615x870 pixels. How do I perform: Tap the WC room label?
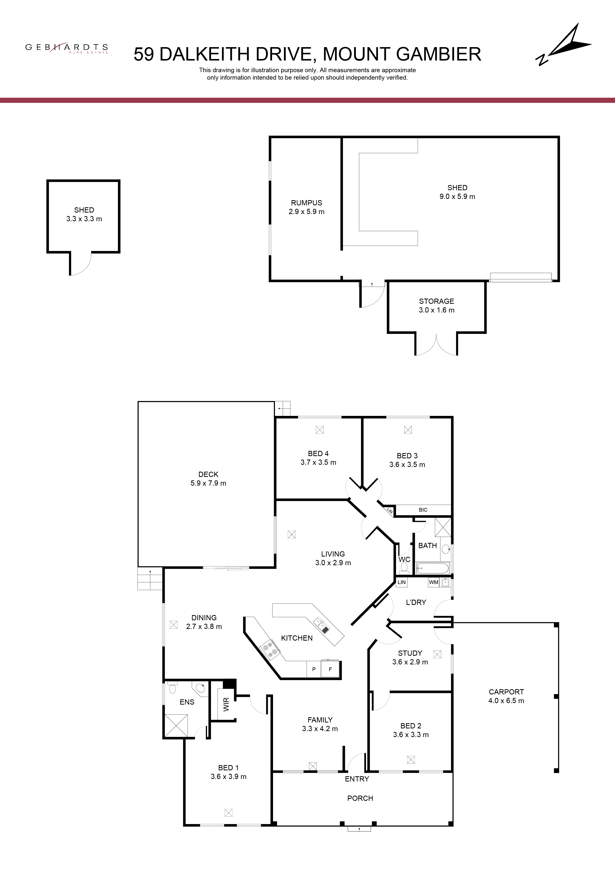tap(404, 559)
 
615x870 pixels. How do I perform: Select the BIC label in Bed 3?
tap(423, 510)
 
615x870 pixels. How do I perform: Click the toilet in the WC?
tap(404, 567)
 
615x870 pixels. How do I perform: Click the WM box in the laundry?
tap(433, 582)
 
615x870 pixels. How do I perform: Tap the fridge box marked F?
tap(330, 669)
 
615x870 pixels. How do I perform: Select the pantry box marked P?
tap(314, 669)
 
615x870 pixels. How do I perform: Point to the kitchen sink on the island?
tap(321, 625)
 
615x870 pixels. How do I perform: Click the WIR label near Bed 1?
tap(226, 704)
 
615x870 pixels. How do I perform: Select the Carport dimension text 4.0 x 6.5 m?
tap(506, 701)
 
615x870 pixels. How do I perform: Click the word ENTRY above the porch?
tap(357, 779)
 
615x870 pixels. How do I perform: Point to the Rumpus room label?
tap(307, 203)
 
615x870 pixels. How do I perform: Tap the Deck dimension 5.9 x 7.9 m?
tap(208, 483)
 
